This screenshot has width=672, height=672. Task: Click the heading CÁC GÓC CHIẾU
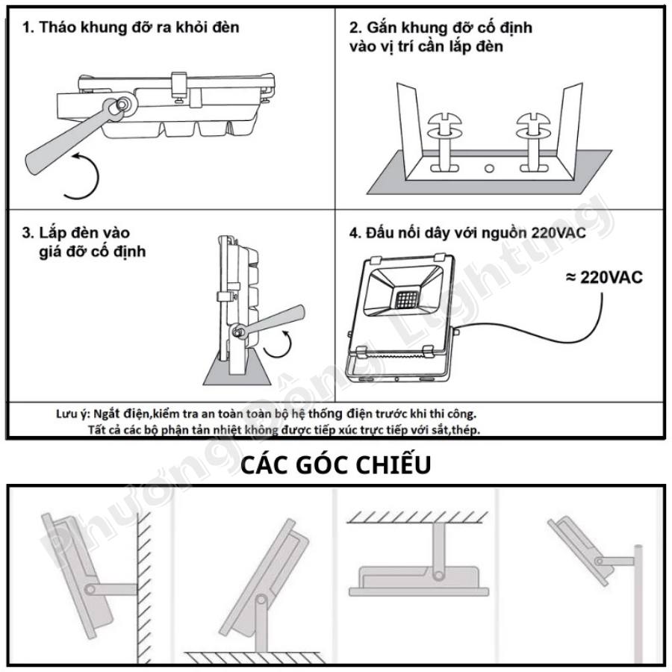[335, 465]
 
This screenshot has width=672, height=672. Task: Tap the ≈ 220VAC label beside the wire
[604, 278]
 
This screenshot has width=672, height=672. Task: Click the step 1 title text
[131, 28]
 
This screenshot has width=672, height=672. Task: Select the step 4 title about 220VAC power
[467, 233]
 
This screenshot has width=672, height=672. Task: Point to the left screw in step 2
[445, 140]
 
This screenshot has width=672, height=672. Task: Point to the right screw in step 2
[533, 140]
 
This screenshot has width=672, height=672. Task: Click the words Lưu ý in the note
[72, 415]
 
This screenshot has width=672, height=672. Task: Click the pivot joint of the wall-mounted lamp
[90, 589]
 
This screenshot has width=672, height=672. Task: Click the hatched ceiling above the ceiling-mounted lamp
[417, 517]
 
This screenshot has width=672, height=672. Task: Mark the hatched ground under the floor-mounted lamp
[255, 658]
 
